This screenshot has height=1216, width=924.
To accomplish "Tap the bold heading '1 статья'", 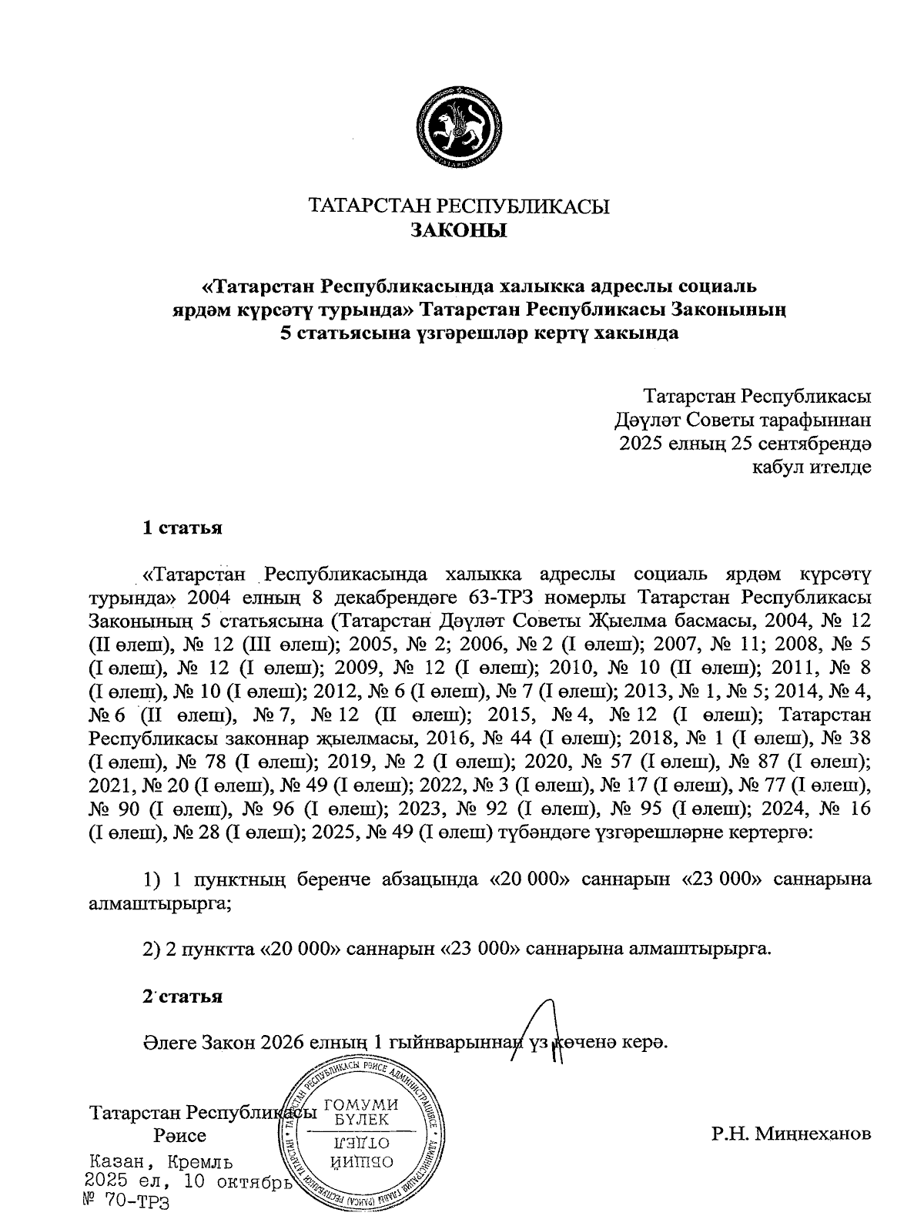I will pos(182,528).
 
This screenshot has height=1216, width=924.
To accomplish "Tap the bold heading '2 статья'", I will pos(182,996).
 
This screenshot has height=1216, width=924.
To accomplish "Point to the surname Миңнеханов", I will pos(792,1134).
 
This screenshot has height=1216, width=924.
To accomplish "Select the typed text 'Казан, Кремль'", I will pos(162,1162).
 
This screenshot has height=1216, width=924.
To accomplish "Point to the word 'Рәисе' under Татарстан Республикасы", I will pos(179,1136).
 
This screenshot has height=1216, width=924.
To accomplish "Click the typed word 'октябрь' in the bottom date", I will pos(252,1181).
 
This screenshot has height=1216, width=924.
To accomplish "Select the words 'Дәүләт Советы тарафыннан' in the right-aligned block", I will pos(743,420).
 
